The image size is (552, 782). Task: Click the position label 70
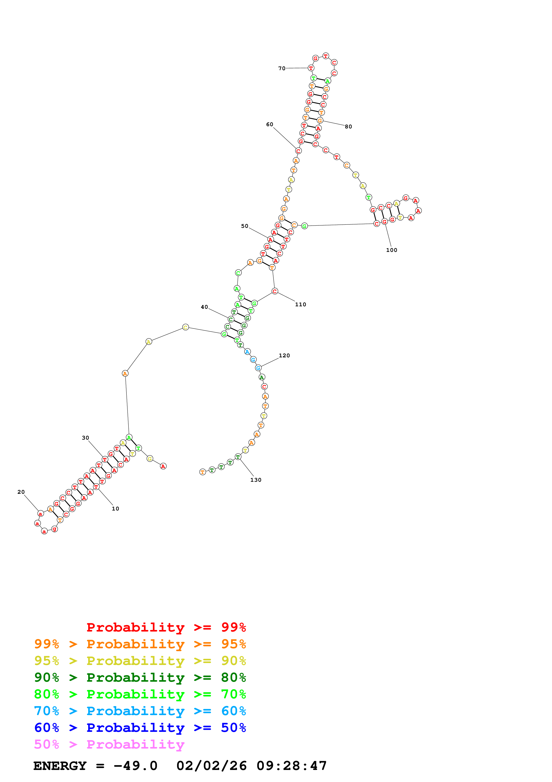point(282,68)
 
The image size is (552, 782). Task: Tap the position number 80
point(348,127)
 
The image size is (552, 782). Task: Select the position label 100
point(391,250)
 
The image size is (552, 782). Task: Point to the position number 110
point(300,305)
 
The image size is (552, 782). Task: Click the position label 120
point(284,356)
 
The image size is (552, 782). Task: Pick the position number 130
point(256,480)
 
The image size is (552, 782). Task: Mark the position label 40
point(204,307)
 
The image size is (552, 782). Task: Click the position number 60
point(269,124)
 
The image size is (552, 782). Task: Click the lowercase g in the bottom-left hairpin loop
point(54,529)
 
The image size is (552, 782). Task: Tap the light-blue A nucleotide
point(247,352)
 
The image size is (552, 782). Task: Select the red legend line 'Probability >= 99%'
point(166,627)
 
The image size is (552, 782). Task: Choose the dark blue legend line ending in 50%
point(140,728)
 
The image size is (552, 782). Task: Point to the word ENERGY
point(60,766)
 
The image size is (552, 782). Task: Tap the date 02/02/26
point(211,766)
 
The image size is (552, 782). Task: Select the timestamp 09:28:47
point(291,766)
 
